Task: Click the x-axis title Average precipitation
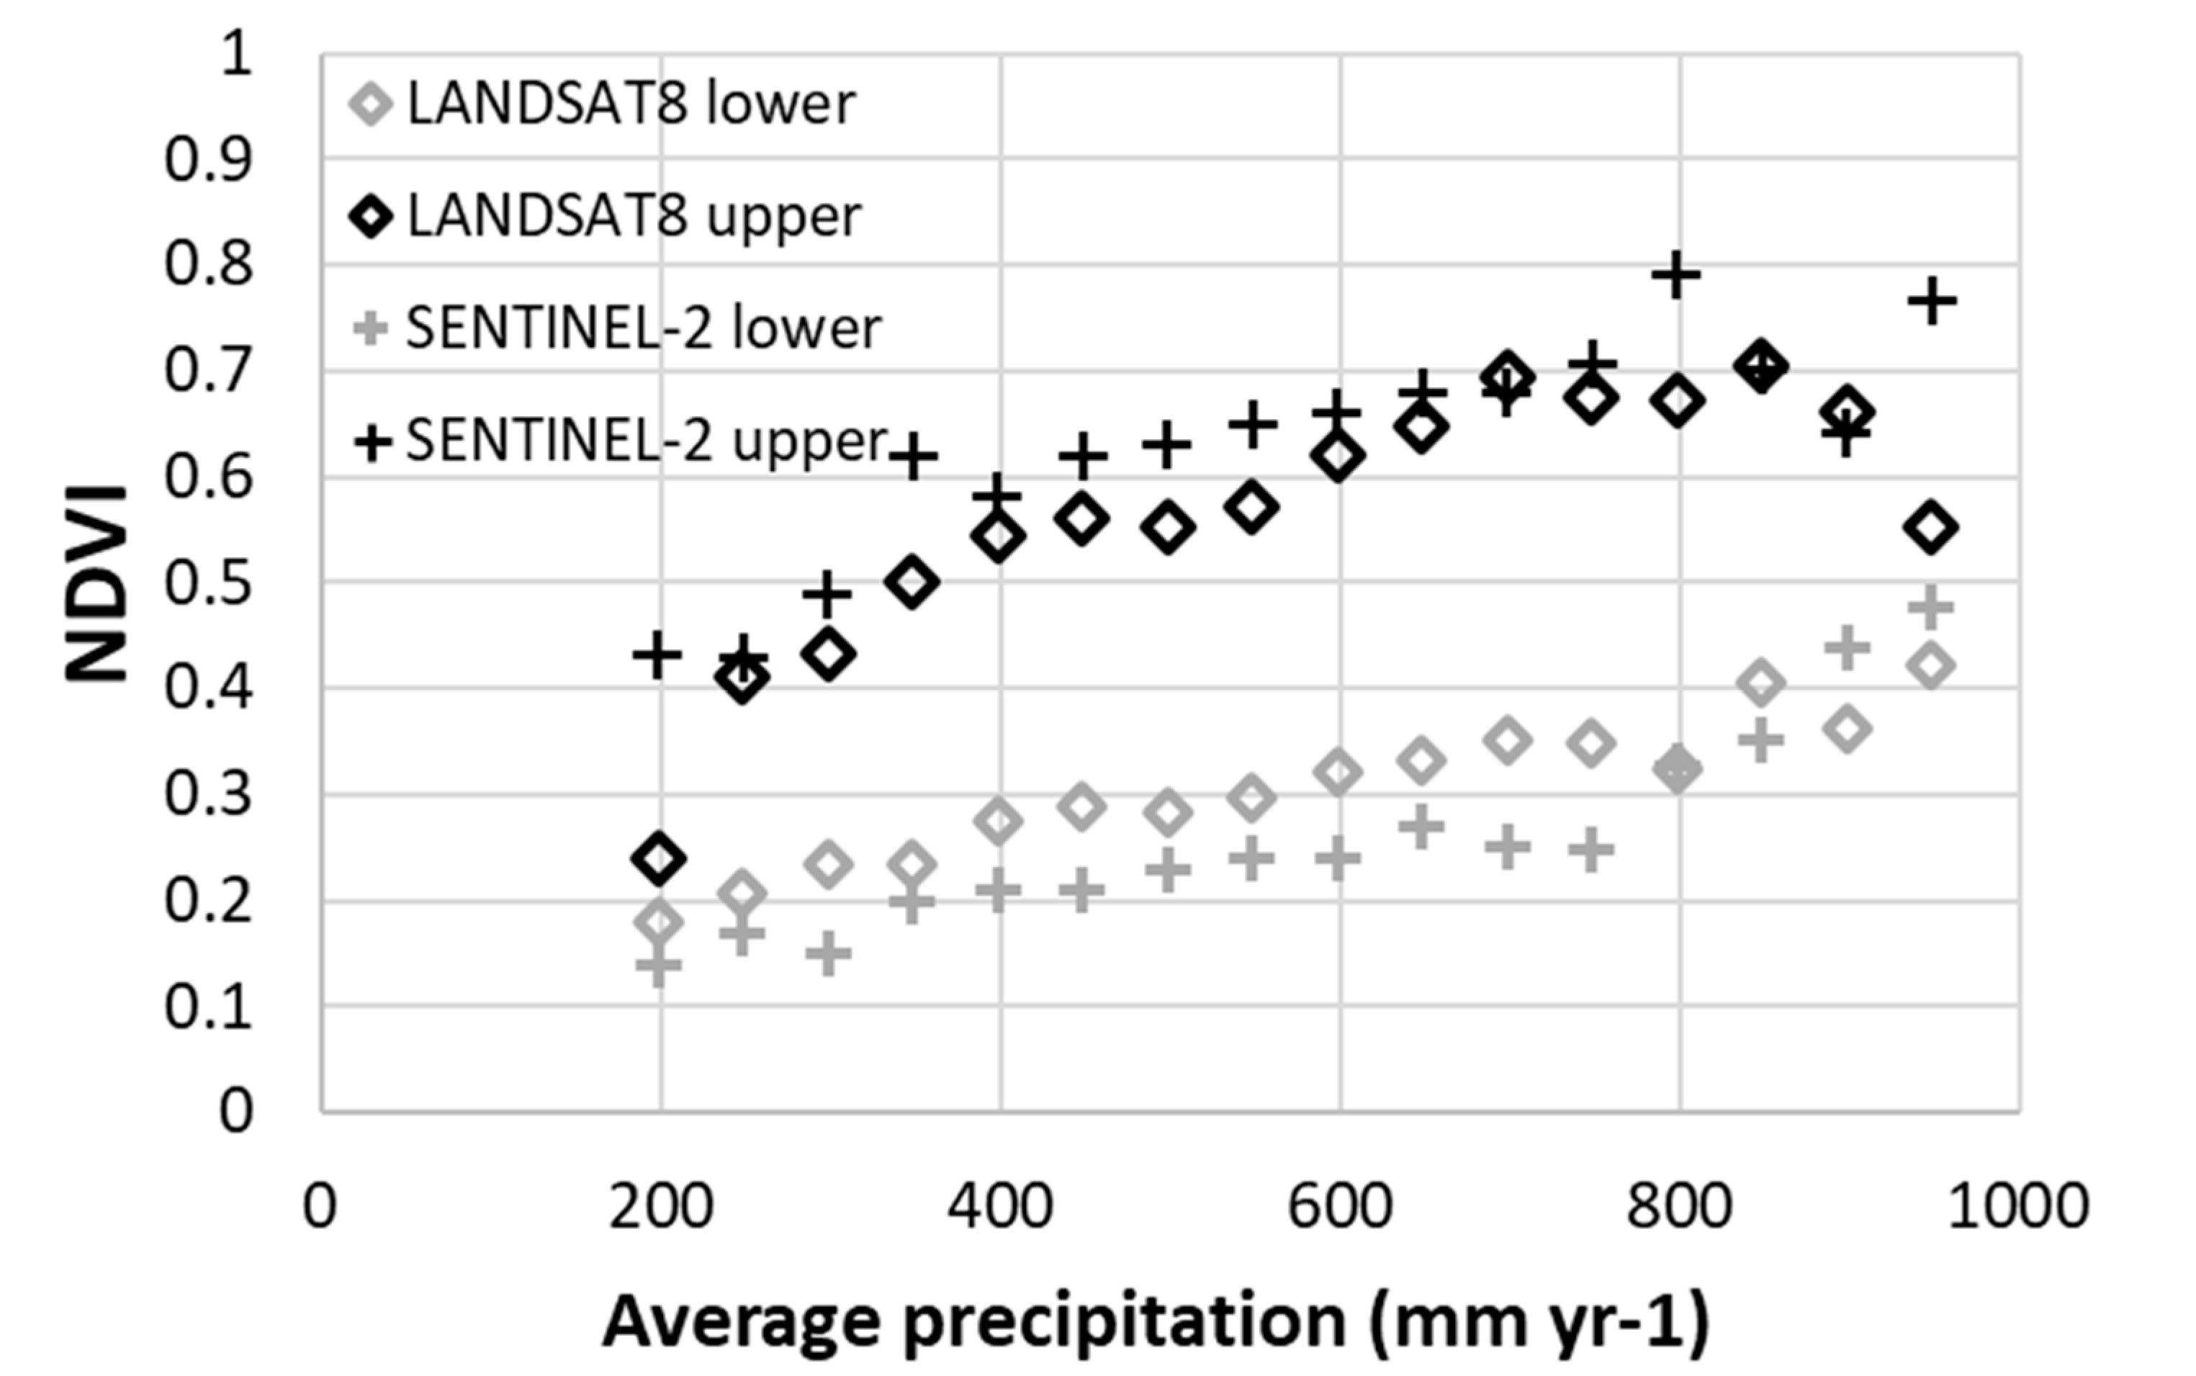click(x=1155, y=1321)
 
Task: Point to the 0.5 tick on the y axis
click(x=207, y=583)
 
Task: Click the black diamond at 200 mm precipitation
click(x=659, y=858)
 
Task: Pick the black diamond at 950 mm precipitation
click(x=1930, y=528)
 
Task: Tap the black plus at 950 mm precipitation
click(x=1931, y=301)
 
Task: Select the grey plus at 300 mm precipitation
click(x=828, y=954)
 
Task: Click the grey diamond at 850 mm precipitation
click(x=1760, y=683)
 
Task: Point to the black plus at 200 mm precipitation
click(x=657, y=655)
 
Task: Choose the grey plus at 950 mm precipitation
click(x=1930, y=607)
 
